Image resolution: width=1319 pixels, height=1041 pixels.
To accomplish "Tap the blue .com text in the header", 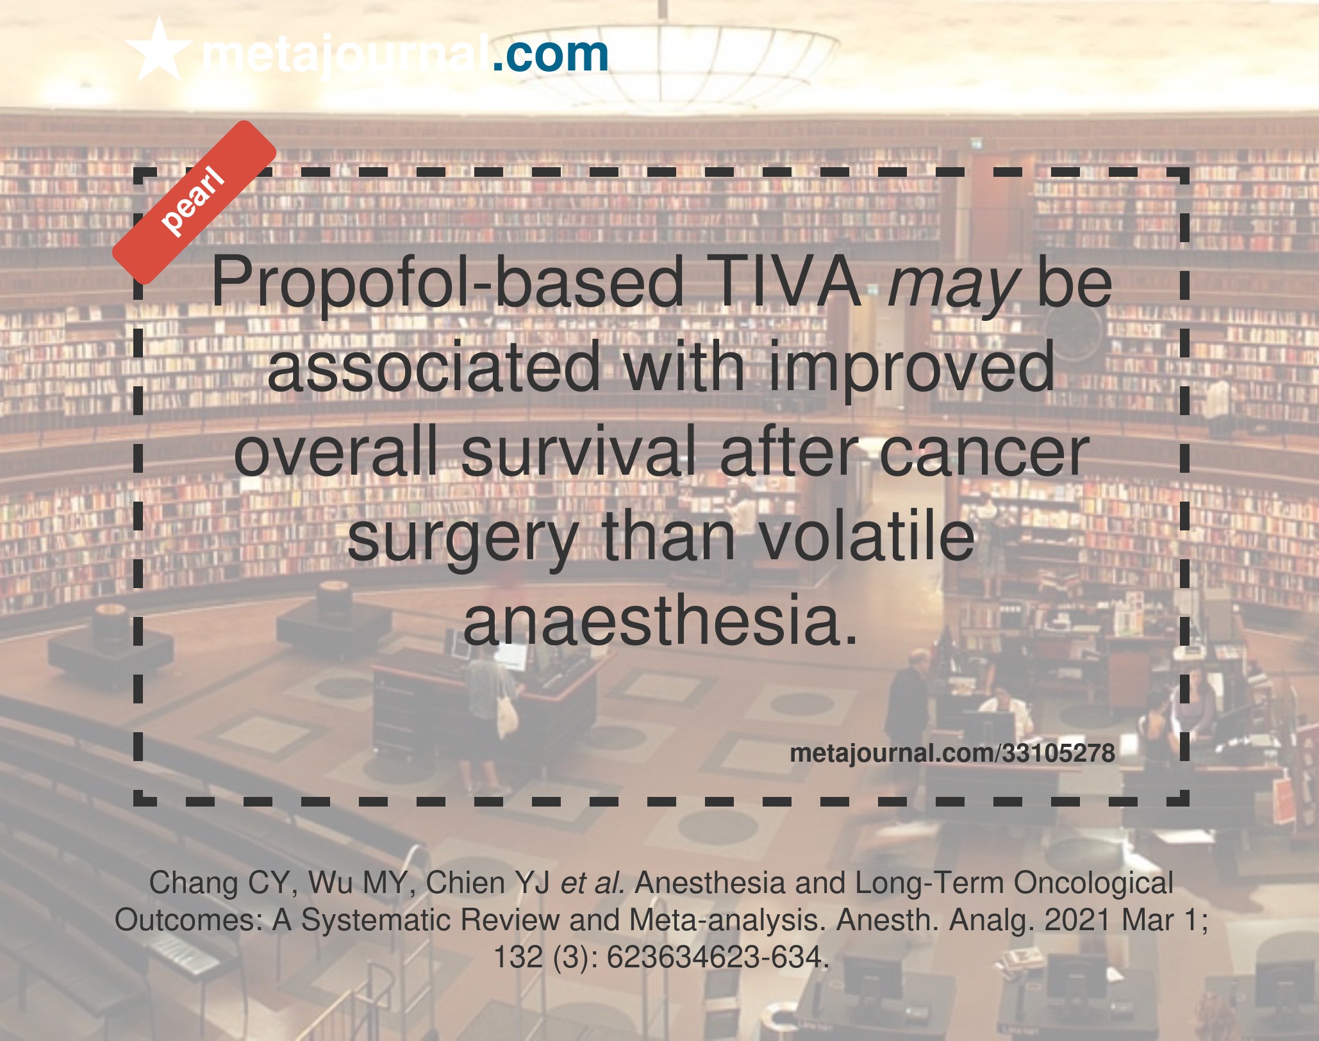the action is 550,54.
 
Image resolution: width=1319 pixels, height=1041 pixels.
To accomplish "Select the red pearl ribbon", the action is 194,202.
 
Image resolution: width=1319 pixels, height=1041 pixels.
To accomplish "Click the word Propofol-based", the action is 447,282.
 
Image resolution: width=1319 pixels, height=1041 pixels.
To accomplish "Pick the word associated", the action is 433,366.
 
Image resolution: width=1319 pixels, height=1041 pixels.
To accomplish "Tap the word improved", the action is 911,370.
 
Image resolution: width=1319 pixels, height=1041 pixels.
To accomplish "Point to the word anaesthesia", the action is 660,620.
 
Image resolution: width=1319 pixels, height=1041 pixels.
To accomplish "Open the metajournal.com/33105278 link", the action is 952,753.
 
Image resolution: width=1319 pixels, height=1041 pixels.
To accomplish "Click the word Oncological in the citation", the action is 1093,883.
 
